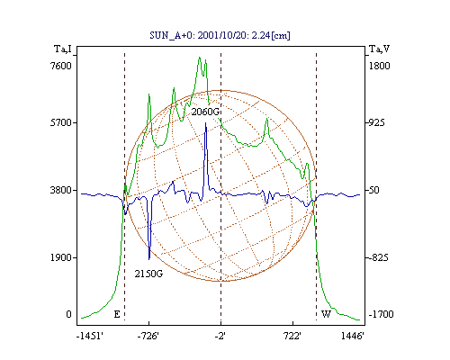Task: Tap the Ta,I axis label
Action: [x=63, y=49]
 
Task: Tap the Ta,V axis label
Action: [x=379, y=49]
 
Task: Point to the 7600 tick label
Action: [x=61, y=66]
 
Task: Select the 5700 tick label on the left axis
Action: [x=61, y=122]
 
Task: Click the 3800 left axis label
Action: [x=61, y=190]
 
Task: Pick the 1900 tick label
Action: [x=61, y=257]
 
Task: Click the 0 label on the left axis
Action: [x=68, y=314]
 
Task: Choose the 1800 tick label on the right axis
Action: [x=379, y=66]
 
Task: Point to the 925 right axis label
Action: [x=376, y=122]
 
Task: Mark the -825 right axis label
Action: [x=378, y=257]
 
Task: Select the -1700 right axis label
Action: [x=381, y=314]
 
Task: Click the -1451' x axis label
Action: [x=90, y=337]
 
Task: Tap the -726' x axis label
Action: [x=148, y=337]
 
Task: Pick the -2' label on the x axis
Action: [x=220, y=337]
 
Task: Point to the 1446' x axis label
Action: [x=353, y=337]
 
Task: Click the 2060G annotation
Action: [x=205, y=112]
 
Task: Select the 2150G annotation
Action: [x=148, y=274]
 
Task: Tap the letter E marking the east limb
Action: [x=117, y=314]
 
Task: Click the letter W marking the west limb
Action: [x=326, y=314]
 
